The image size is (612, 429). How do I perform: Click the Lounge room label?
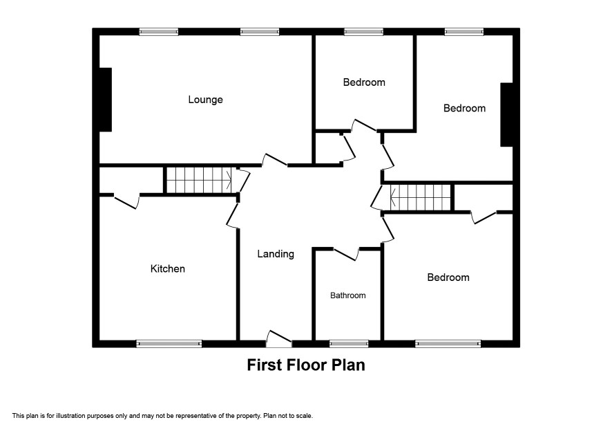pos(205,100)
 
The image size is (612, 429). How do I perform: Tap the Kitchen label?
pos(167,268)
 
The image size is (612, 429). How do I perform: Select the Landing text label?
pos(276,254)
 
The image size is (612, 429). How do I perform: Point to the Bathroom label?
pos(347,295)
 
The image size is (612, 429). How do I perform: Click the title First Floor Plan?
pos(306,365)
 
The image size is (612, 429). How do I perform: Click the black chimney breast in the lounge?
pos(106,100)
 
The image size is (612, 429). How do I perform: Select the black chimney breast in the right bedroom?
pos(506,115)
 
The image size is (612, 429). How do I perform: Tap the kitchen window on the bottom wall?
pos(169,344)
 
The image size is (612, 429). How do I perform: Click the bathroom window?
pos(349,344)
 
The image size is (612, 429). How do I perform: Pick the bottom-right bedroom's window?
pos(448,344)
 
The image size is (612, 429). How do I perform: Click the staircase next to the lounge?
pos(199,181)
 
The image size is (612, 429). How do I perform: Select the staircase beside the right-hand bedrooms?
pos(421,197)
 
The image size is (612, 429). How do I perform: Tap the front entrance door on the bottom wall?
pos(278,339)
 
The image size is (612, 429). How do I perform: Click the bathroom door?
pos(347,253)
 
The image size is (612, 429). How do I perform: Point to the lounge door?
pos(275,161)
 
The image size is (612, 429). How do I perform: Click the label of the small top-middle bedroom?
pos(364,82)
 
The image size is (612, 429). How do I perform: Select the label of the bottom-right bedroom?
pos(448,277)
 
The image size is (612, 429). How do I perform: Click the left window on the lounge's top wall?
pos(159,32)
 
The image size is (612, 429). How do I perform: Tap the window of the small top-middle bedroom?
pos(363,32)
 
